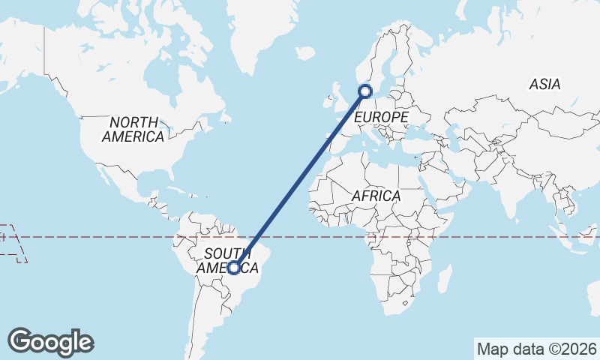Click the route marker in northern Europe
[x=365, y=91]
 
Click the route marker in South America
[x=234, y=267]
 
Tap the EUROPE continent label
[x=381, y=118]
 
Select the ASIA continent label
[x=544, y=85]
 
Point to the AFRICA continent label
[x=376, y=196]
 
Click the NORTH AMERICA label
[x=133, y=129]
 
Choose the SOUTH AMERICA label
[x=227, y=260]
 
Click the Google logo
[x=50, y=342]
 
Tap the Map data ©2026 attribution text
[x=537, y=349]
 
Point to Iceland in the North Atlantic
[x=304, y=53]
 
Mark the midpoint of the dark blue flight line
[x=300, y=179]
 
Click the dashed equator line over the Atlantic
[x=300, y=237]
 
